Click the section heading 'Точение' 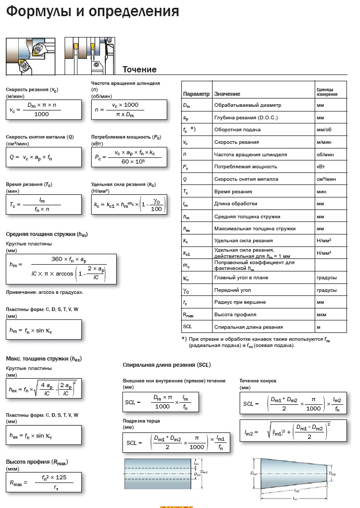pyautogui.click(x=139, y=70)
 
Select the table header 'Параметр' pyautogui.click(x=196, y=94)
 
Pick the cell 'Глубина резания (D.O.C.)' pyautogui.click(x=246, y=118)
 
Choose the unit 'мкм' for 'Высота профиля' pyautogui.click(x=322, y=315)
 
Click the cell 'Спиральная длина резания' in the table pyautogui.click(x=249, y=327)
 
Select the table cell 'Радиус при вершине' pyautogui.click(x=240, y=302)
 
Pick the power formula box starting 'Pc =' pyautogui.click(x=129, y=157)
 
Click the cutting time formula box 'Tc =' pyautogui.click(x=44, y=204)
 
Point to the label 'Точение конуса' pyautogui.click(x=257, y=381)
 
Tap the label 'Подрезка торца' pyautogui.click(x=141, y=420)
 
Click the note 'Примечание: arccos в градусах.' pyautogui.click(x=44, y=292)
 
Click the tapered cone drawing pyautogui.click(x=294, y=474)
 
